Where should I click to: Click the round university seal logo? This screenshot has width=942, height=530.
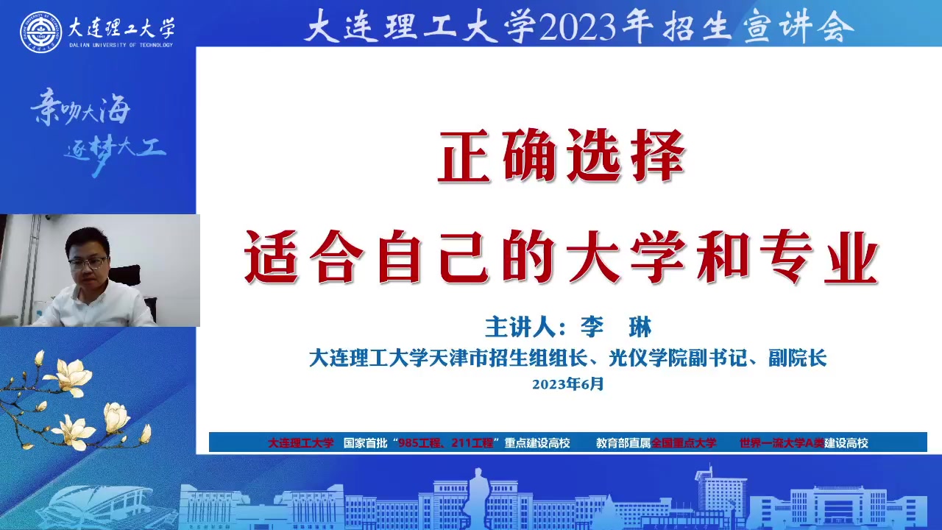40,32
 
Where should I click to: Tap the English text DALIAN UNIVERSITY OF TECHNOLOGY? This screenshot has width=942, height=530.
121,45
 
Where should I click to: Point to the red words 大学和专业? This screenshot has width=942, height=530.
722,257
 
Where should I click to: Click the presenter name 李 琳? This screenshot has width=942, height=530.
616,327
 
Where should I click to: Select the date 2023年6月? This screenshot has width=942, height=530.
567,384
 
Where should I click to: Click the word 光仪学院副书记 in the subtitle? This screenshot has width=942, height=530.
678,358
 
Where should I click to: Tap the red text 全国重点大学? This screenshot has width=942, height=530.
684,442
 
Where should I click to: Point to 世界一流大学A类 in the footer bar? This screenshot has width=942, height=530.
782,442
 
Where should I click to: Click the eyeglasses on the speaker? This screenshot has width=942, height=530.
88,264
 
